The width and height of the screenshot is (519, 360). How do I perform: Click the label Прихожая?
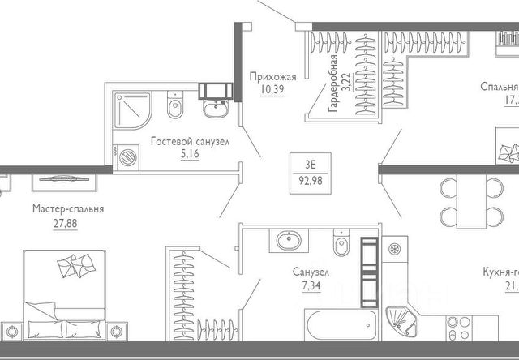[273, 77]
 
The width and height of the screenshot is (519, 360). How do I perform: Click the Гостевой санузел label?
[190, 141]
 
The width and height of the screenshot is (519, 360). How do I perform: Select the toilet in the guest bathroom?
[173, 106]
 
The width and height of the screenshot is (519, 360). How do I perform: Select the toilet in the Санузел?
[340, 242]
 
